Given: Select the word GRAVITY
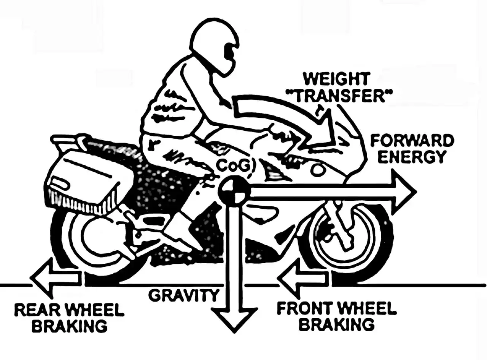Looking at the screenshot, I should pyautogui.click(x=184, y=295).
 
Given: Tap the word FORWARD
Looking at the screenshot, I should pyautogui.click(x=412, y=141).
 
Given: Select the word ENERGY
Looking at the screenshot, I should pyautogui.click(x=411, y=157).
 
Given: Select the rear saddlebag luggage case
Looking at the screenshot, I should pyautogui.click(x=84, y=179).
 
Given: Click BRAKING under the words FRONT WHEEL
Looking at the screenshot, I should pyautogui.click(x=336, y=324).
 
